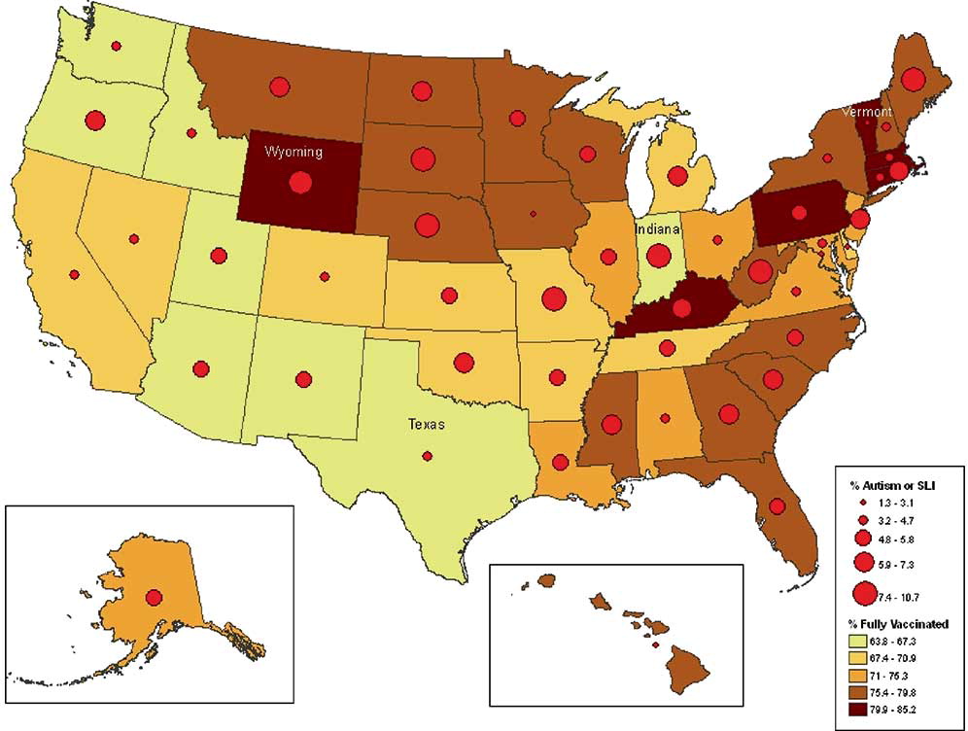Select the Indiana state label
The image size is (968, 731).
click(658, 228)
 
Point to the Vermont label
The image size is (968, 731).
click(866, 113)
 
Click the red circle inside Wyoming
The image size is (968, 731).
click(300, 182)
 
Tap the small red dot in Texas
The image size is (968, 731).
click(427, 456)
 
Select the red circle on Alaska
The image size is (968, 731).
click(154, 598)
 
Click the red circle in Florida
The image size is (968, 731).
click(777, 505)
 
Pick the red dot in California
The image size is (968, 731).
click(74, 275)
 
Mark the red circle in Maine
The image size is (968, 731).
click(913, 79)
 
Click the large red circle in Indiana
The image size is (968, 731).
click(658, 256)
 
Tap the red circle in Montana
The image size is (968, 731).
click(280, 86)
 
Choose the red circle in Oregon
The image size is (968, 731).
click(94, 121)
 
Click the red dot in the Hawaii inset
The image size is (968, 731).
click(655, 644)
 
